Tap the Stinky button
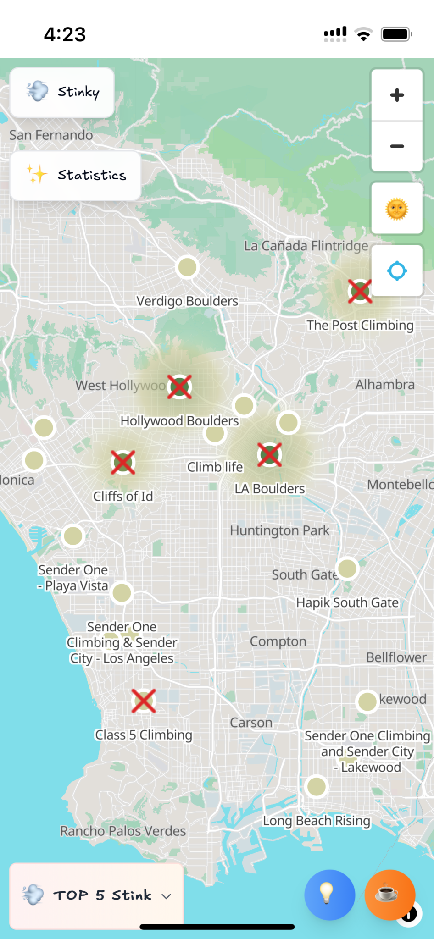pos(62,92)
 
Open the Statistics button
pos(76,176)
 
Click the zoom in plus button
pos(397,95)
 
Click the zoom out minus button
pos(397,146)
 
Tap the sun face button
pos(397,209)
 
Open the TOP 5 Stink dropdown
pos(96,895)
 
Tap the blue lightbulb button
pos(329,895)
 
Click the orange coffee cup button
pos(389,895)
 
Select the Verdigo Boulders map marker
pos(187,267)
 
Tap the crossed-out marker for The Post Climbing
pos(360,291)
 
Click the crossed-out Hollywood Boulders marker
pos(179,387)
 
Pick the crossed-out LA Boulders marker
pos(269,454)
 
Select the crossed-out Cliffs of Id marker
pos(123,462)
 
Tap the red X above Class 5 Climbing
pos(144,701)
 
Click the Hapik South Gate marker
pos(347,569)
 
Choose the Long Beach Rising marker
pos(317,787)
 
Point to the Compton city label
pos(278,641)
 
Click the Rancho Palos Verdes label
pos(123,831)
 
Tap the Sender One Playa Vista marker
pos(73,536)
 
